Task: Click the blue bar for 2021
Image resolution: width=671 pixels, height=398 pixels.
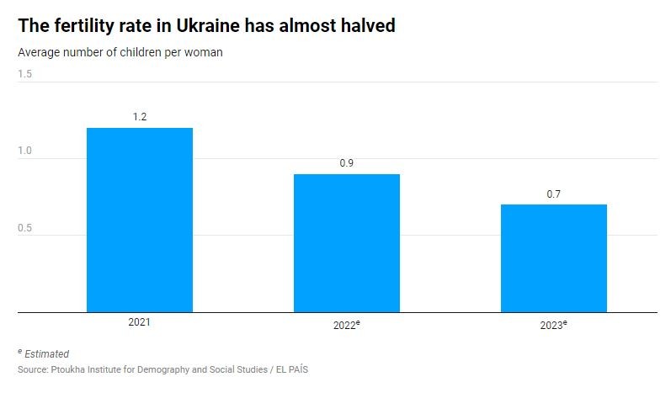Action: pyautogui.click(x=140, y=220)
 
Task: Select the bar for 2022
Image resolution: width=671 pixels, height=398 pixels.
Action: pyautogui.click(x=346, y=243)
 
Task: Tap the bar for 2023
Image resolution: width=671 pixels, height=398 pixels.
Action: pyautogui.click(x=553, y=258)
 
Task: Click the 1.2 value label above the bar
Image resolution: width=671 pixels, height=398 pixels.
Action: pyautogui.click(x=140, y=117)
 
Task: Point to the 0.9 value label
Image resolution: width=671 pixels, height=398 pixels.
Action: pyautogui.click(x=346, y=163)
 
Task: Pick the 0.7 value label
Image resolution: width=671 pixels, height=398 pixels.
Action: pyautogui.click(x=553, y=194)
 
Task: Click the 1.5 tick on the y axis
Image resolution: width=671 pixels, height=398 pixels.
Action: pyautogui.click(x=25, y=74)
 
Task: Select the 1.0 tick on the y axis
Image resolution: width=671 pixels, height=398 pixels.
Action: pyautogui.click(x=25, y=151)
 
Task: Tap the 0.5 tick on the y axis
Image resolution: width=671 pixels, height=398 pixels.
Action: pyautogui.click(x=25, y=228)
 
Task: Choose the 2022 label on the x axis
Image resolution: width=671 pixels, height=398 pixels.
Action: pyautogui.click(x=344, y=325)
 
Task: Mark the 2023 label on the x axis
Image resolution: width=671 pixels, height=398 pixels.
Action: pyautogui.click(x=551, y=325)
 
